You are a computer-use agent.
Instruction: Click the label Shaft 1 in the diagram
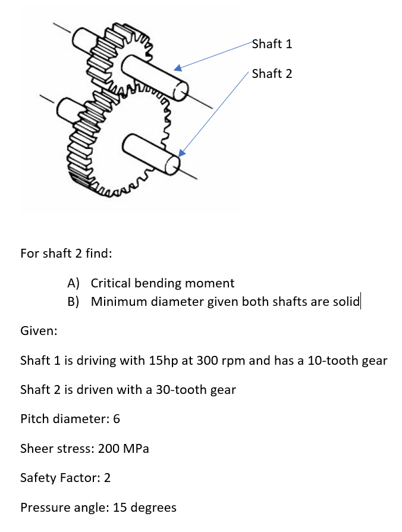(272, 44)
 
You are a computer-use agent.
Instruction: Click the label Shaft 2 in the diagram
(272, 74)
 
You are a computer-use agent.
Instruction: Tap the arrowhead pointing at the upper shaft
(178, 68)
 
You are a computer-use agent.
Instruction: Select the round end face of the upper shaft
(180, 90)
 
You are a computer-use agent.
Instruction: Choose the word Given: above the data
(39, 331)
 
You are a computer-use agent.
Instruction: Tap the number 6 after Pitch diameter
(117, 419)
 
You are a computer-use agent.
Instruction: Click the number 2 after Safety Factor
(107, 478)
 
